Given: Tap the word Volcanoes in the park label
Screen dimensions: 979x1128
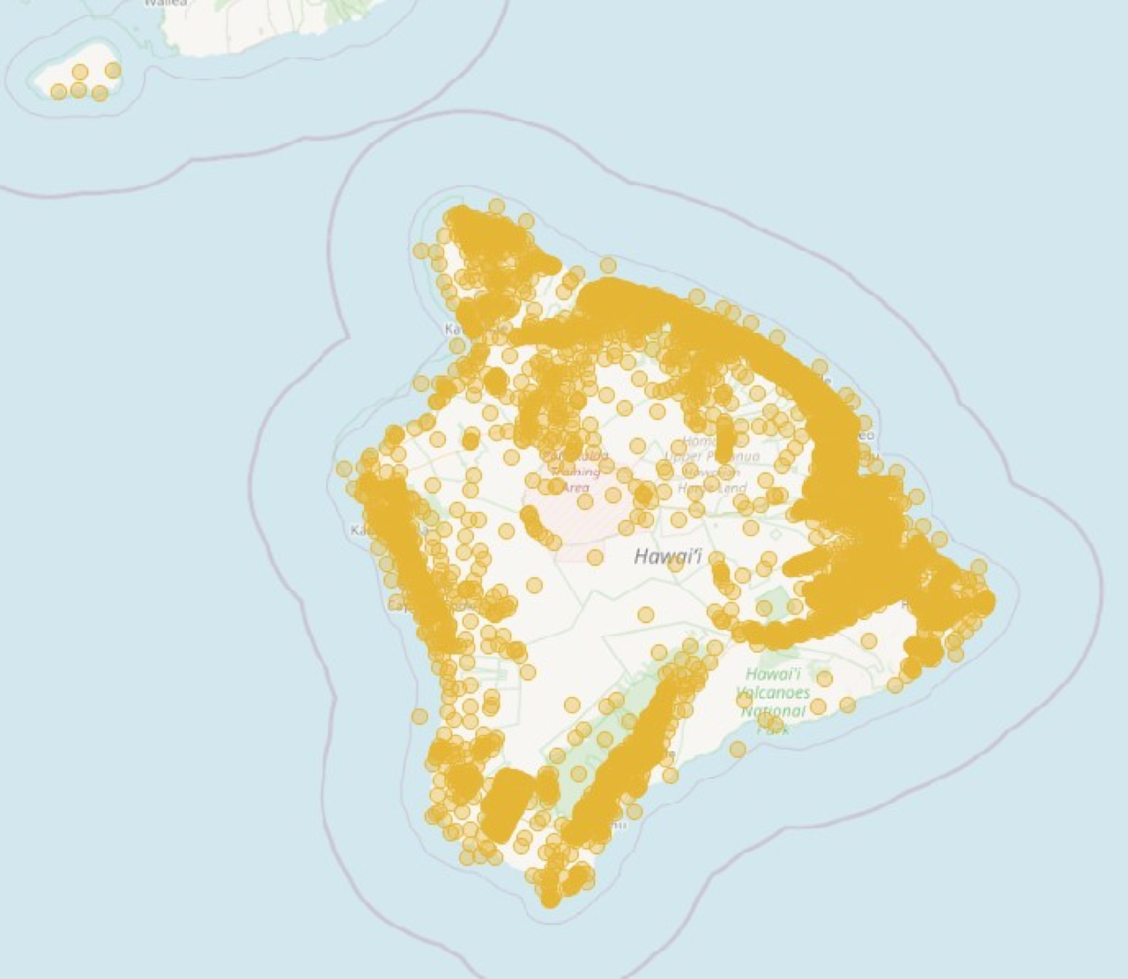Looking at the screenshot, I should (774, 693).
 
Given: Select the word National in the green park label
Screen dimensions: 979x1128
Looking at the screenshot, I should (774, 711).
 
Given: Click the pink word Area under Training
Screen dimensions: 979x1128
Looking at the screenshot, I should (575, 487).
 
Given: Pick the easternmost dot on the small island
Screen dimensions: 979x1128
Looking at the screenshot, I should (113, 70).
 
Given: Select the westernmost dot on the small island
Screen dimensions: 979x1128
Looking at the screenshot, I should (58, 92).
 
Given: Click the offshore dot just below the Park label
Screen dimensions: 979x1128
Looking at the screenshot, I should (738, 749).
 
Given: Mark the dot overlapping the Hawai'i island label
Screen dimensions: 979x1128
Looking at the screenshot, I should (675, 564).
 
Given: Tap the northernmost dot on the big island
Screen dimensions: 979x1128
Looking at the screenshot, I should (496, 206).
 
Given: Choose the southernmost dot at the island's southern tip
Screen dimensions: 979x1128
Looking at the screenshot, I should (550, 900).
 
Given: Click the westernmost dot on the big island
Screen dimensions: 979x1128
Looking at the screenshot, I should (344, 468).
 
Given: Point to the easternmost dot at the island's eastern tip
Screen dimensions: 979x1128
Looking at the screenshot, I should (985, 602).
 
